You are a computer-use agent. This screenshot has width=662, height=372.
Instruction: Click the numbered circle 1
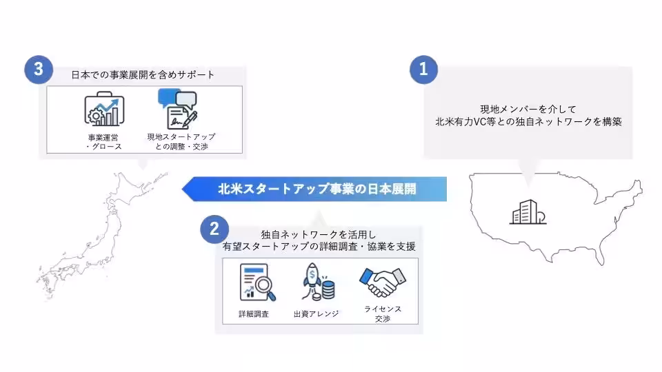pos(423,70)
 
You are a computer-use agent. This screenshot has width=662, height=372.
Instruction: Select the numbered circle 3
pos(38,70)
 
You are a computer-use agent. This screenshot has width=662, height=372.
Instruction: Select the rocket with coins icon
pos(317,282)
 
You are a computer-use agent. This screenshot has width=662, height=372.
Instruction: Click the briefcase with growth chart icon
pos(103,110)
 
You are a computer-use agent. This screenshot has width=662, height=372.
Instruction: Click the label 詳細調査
pos(254,314)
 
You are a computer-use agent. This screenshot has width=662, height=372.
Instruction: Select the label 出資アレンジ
pos(316,314)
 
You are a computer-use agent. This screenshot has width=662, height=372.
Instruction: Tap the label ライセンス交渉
pos(383,314)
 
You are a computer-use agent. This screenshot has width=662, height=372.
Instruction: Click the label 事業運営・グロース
pos(103,142)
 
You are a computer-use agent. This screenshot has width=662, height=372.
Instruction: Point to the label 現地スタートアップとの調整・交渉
pos(177,142)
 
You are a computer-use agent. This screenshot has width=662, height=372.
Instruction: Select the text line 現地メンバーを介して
pos(528,110)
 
